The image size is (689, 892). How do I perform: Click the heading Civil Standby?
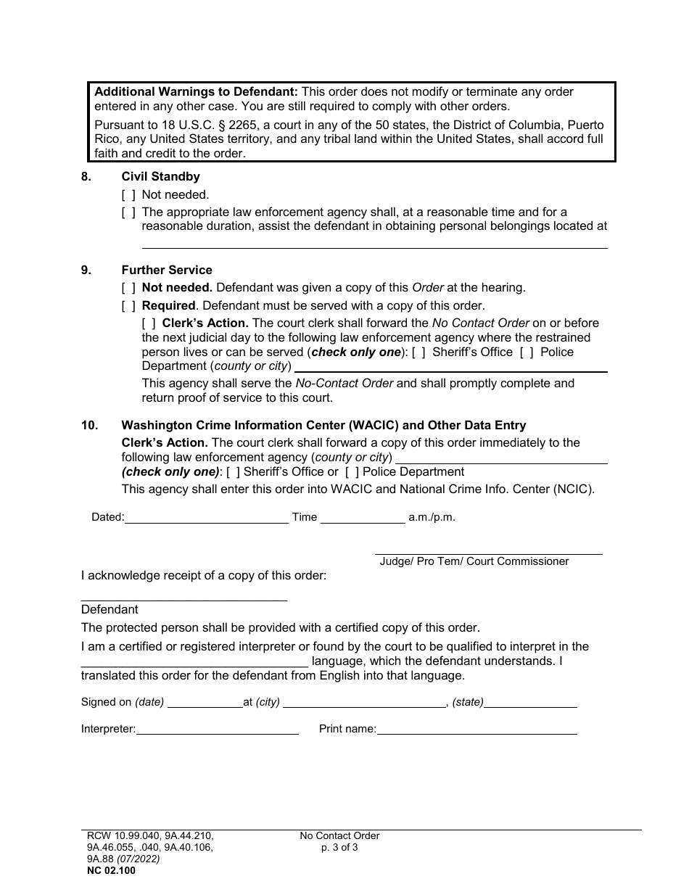[160, 176]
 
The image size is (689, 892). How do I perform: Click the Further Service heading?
[167, 270]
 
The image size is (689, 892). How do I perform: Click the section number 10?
[89, 426]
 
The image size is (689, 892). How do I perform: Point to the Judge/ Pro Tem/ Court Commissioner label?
[474, 561]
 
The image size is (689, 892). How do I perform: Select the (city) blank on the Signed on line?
[365, 703]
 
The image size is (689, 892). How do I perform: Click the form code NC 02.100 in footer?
[108, 870]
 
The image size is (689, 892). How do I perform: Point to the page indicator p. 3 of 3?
[339, 847]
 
